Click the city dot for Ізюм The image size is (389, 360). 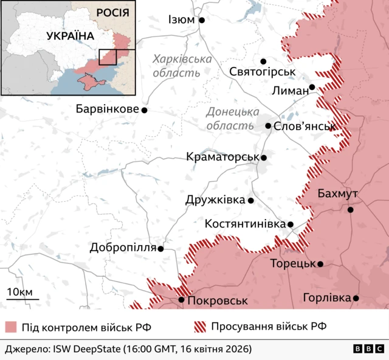pyautogui.click(x=202, y=20)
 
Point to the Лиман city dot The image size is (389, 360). pyautogui.click(x=312, y=87)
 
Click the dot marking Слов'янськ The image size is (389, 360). pyautogui.click(x=268, y=126)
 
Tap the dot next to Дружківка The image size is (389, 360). pyautogui.click(x=251, y=200)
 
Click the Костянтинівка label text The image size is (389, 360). pyautogui.click(x=245, y=224)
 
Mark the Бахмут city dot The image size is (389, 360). pyautogui.click(x=351, y=210)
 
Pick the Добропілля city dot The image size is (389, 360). pyautogui.click(x=161, y=249)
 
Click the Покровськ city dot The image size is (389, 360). pyautogui.click(x=181, y=300)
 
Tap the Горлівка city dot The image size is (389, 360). pyautogui.click(x=356, y=298)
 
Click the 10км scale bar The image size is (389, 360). pyautogui.click(x=22, y=299)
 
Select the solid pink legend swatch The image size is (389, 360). pyautogui.click(x=11, y=327)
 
